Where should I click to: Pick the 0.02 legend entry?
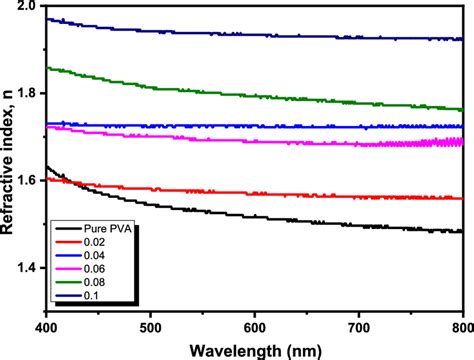click(x=92, y=245)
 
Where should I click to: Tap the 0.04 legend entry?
click(x=92, y=257)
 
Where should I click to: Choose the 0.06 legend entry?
click(x=92, y=270)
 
